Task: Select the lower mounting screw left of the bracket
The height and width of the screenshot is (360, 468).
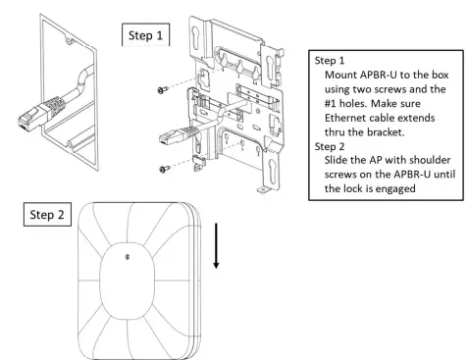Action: pyautogui.click(x=163, y=169)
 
